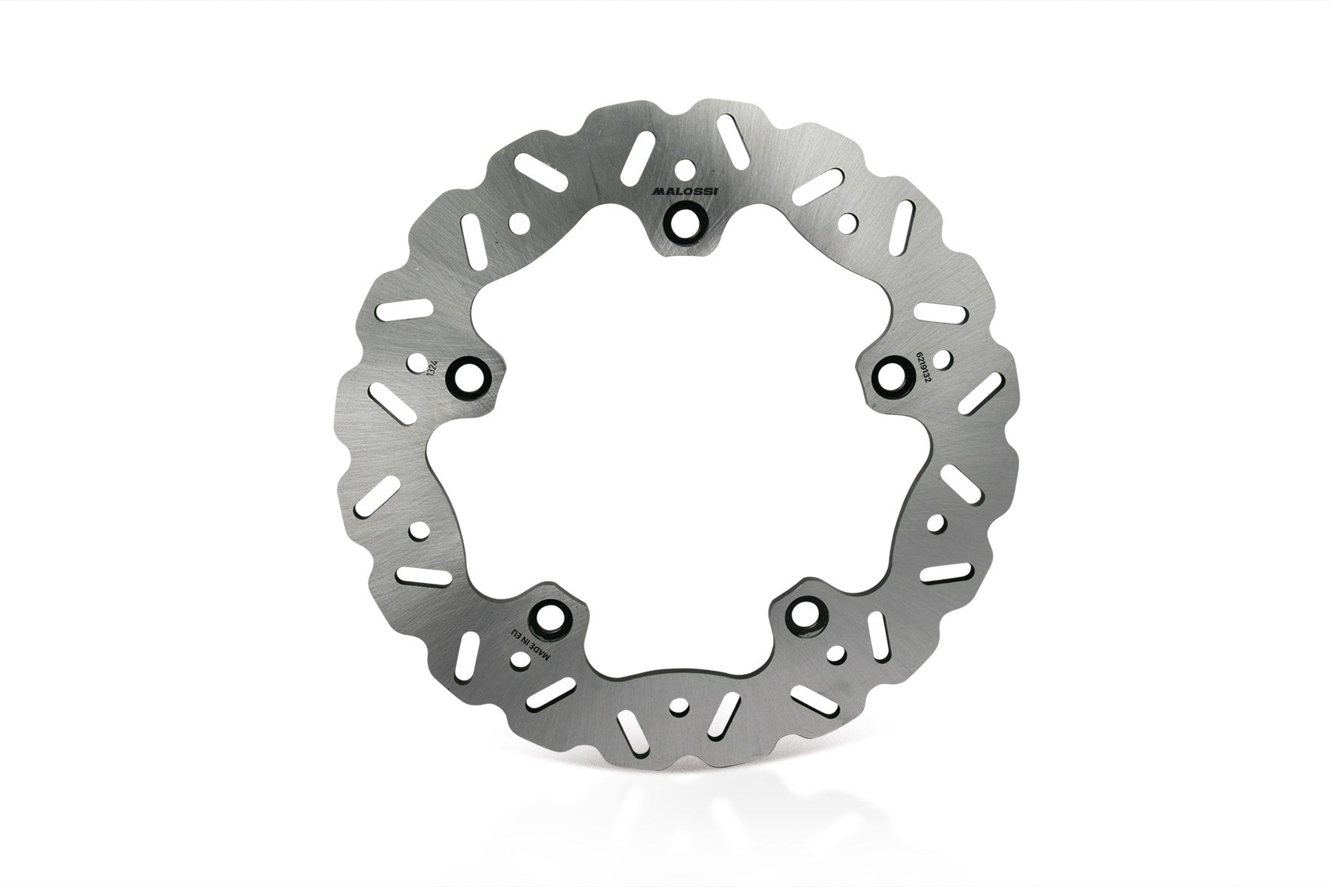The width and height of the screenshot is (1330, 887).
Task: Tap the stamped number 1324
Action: point(430,369)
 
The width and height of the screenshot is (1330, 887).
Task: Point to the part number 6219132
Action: point(920,371)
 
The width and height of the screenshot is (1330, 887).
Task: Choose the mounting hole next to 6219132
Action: point(893,373)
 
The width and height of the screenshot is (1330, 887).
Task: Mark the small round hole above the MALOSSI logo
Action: point(685,169)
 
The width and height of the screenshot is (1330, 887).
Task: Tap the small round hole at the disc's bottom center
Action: point(681,706)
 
